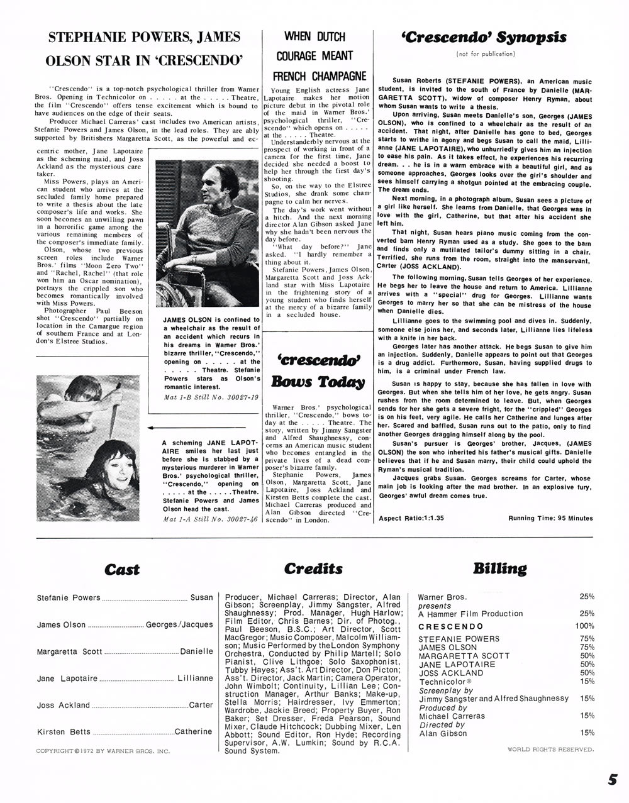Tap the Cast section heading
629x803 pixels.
coord(122,570)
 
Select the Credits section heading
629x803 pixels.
coord(313,569)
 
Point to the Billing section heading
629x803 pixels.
coord(499,569)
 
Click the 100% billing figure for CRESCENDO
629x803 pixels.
coord(584,626)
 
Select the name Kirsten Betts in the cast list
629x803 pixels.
coord(64,732)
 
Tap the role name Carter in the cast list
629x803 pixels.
coord(201,705)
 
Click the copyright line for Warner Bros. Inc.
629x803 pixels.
coord(103,751)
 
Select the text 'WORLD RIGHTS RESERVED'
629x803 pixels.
coord(550,749)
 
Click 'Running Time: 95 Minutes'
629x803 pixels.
coord(550,518)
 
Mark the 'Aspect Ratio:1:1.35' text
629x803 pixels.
coord(411,518)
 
